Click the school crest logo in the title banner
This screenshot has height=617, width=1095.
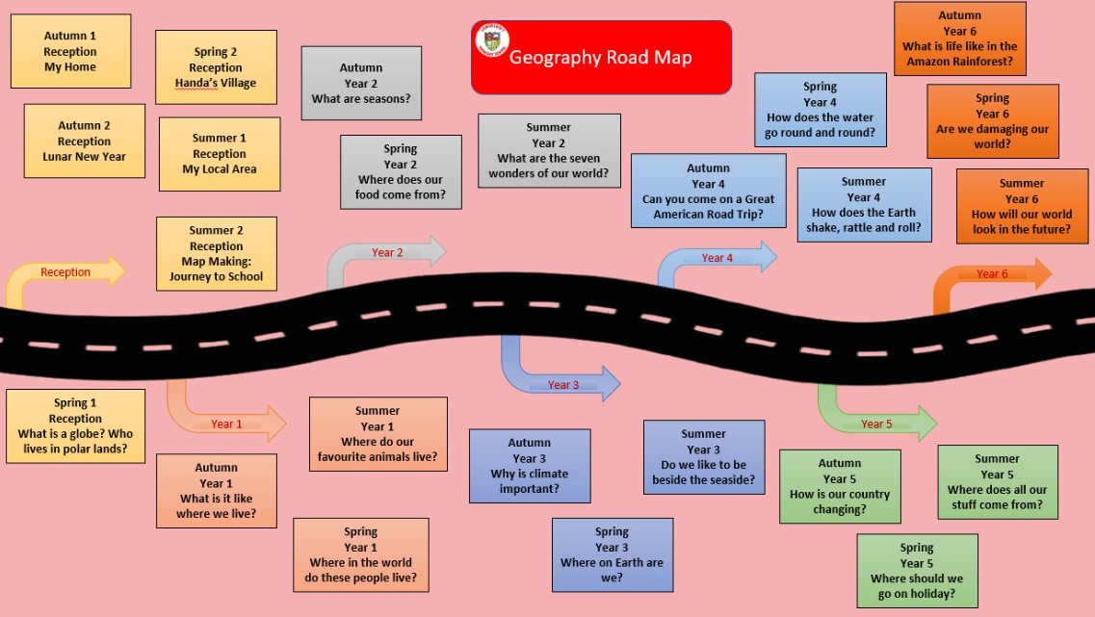pyautogui.click(x=492, y=40)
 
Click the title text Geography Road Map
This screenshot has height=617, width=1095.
pyautogui.click(x=600, y=57)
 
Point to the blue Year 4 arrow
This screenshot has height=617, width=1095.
pyautogui.click(x=717, y=258)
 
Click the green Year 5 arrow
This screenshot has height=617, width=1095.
pyautogui.click(x=875, y=424)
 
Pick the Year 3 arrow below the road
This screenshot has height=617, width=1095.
pyautogui.click(x=562, y=384)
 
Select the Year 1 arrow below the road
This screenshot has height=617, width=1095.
pyautogui.click(x=227, y=424)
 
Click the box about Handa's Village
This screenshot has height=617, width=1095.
pyautogui.click(x=216, y=67)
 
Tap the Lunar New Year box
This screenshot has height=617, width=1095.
pyautogui.click(x=84, y=141)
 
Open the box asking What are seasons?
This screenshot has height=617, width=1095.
pyautogui.click(x=361, y=84)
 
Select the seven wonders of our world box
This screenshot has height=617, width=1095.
pyautogui.click(x=549, y=151)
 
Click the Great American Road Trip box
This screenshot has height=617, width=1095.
pyautogui.click(x=708, y=191)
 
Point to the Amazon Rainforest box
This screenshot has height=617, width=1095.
pyautogui.click(x=959, y=39)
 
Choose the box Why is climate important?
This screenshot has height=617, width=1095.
pyautogui.click(x=530, y=466)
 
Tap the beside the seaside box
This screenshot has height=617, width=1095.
pyautogui.click(x=703, y=457)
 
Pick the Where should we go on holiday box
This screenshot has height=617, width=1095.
pyautogui.click(x=917, y=571)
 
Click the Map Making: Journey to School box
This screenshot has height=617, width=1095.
pyautogui.click(x=216, y=254)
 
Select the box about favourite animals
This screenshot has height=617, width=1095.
pyautogui.click(x=378, y=434)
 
